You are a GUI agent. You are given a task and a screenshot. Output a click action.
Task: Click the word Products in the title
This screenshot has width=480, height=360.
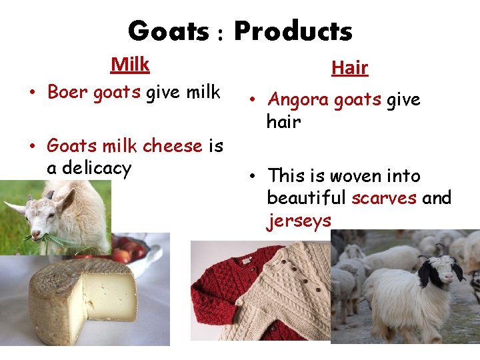pos(293,31)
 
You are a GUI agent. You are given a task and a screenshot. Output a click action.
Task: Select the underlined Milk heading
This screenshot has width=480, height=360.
pos(130,65)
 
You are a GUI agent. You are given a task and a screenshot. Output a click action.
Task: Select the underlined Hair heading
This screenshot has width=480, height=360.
pos(349,67)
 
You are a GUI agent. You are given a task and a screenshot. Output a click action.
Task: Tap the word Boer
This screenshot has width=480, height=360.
pos(68,92)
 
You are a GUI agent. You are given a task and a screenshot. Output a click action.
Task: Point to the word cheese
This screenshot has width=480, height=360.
pos(172,145)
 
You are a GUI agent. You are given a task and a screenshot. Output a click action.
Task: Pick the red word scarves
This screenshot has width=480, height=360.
pos(383,198)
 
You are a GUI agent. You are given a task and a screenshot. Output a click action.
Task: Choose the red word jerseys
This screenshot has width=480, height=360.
pos(299,221)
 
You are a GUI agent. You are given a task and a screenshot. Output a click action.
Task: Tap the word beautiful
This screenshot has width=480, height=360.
pos(306,198)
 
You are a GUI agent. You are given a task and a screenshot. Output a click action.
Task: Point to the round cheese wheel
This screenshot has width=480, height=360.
pos(80,300)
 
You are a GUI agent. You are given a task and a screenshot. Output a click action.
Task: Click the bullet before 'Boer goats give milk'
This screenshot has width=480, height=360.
pos(33,93)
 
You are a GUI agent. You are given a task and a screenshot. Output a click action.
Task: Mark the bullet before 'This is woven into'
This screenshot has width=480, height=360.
pos(253,177)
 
